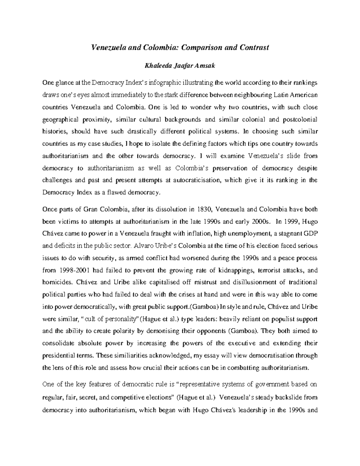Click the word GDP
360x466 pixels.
point(310,233)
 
